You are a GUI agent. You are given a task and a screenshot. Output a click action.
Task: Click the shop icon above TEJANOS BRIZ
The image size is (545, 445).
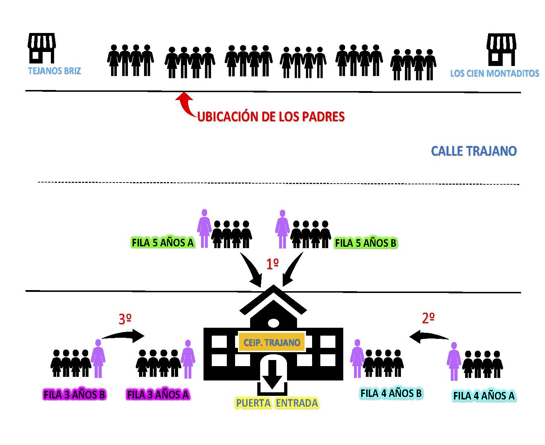point(42,48)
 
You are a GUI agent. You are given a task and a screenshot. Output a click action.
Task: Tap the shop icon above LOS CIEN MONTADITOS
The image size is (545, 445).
point(501,49)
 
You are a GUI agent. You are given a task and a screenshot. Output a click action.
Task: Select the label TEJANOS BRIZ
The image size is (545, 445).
point(54,71)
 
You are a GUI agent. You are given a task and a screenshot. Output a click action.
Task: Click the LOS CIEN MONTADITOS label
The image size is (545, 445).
point(494,74)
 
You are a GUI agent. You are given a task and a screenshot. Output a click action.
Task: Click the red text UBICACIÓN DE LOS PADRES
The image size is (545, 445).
point(271,117)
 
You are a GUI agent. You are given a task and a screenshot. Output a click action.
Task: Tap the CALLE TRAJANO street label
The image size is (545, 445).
point(474,151)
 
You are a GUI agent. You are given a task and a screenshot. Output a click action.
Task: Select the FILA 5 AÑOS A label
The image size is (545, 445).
point(163,243)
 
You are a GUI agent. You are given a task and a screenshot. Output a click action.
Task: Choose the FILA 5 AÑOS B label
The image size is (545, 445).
point(365,243)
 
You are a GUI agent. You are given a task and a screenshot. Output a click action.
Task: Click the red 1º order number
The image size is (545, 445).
point(272,264)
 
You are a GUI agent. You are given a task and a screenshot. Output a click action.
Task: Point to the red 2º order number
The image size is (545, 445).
point(428,318)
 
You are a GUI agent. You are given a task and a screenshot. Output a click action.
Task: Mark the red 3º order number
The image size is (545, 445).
point(125,319)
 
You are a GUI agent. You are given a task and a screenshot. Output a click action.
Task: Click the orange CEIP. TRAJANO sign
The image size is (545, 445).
point(272,342)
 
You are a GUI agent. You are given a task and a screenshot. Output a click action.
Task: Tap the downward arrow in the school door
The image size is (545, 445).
point(272,374)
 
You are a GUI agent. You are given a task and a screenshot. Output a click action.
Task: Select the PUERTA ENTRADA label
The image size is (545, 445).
point(277,403)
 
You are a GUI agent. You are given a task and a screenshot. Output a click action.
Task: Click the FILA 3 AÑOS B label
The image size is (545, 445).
point(75,394)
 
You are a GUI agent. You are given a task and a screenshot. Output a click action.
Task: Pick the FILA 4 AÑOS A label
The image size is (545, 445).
point(484,396)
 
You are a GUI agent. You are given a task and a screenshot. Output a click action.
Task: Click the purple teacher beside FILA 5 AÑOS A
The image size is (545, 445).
point(204,228)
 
